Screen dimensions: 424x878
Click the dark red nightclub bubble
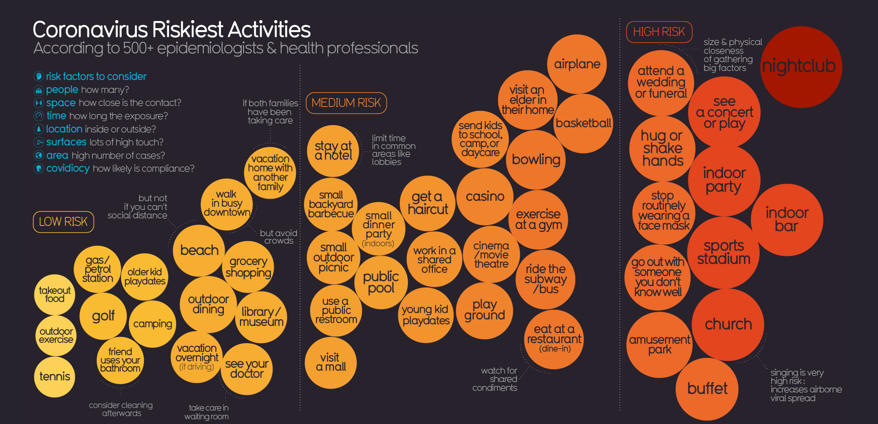click(801, 67)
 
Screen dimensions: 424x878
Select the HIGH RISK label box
click(659, 32)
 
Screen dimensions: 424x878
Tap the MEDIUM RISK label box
click(346, 103)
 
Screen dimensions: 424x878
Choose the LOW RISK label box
click(63, 222)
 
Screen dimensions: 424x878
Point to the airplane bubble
click(577, 64)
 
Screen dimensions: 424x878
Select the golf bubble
click(103, 316)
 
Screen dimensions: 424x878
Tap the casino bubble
click(485, 196)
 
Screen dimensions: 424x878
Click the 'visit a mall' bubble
click(331, 362)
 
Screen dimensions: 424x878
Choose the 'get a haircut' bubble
click(427, 203)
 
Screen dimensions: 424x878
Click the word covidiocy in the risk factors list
click(68, 169)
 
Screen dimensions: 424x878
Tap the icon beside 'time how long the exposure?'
click(39, 116)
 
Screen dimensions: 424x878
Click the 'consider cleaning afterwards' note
click(121, 409)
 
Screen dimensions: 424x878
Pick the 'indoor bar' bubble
click(787, 220)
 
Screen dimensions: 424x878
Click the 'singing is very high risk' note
click(806, 385)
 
